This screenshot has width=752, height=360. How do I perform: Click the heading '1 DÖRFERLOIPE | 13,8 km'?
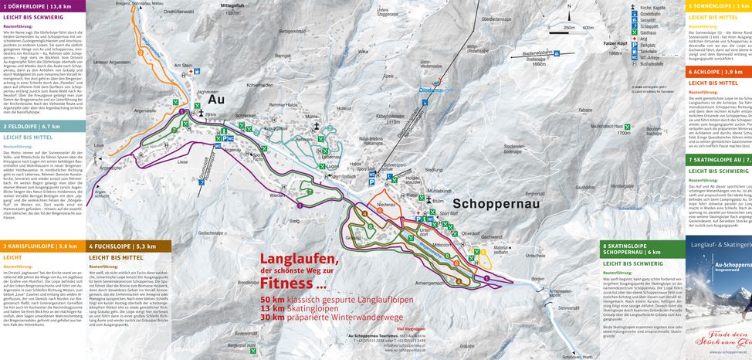pyautogui.click(x=42, y=5)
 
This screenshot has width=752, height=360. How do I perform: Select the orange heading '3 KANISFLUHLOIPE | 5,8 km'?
pyautogui.click(x=42, y=246)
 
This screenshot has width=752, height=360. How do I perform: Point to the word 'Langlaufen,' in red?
pyautogui.click(x=299, y=258)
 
